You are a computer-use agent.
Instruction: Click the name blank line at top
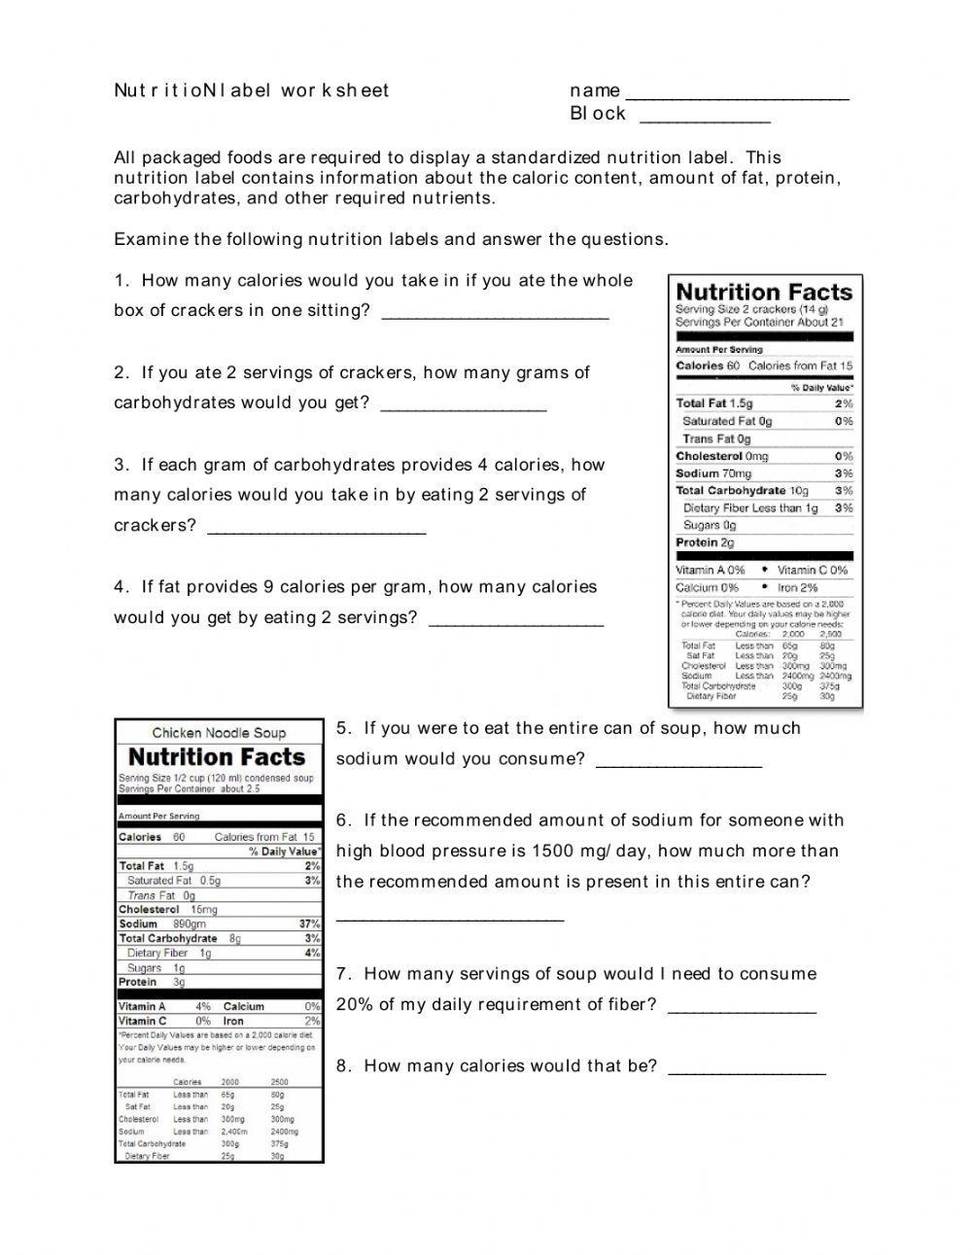[737, 97]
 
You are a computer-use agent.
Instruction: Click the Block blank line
[705, 121]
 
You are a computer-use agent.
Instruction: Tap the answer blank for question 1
[496, 317]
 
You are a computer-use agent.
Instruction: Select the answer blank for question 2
[464, 409]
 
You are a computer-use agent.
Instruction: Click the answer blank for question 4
[516, 624]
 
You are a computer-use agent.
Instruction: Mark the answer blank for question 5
[678, 765]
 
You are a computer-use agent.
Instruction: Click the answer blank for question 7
[743, 1011]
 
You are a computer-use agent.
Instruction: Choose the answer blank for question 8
[747, 1072]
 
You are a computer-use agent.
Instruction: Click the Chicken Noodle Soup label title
[219, 733]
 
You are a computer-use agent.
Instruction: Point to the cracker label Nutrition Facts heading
[764, 292]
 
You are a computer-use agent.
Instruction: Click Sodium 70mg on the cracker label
[713, 473]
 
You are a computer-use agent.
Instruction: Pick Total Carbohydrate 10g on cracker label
[742, 491]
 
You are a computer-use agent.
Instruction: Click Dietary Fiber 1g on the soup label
[169, 953]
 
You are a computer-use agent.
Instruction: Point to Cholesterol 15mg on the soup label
[167, 909]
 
